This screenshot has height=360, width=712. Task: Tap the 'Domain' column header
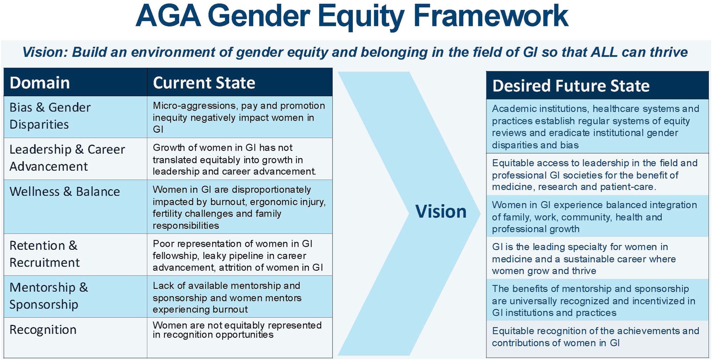pos(39,83)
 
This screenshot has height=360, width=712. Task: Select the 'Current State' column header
pos(204,83)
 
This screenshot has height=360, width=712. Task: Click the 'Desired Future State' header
pos(571,86)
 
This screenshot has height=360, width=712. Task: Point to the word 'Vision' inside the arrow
pos(441,212)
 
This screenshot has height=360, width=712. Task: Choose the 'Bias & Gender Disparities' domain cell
pos(75,117)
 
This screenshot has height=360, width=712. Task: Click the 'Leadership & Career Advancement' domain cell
pos(75,159)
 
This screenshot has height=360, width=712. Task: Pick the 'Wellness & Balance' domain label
pos(65,192)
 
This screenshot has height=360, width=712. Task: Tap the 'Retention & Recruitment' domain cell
pos(75,255)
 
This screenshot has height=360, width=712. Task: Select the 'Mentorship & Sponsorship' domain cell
pos(75,297)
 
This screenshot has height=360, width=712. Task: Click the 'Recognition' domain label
pos(43,330)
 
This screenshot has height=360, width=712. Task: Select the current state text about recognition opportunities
pos(237,330)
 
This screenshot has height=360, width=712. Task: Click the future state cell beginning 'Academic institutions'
pos(597,126)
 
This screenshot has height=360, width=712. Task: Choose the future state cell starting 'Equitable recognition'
pos(597,339)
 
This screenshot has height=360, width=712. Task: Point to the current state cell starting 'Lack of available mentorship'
pos(239,297)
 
